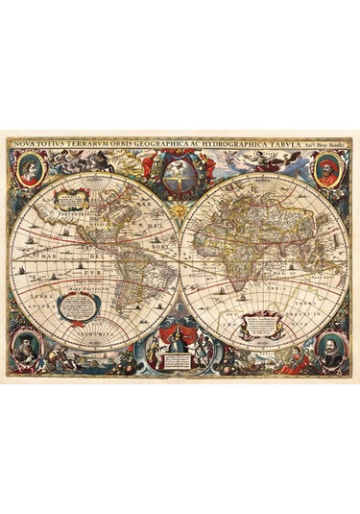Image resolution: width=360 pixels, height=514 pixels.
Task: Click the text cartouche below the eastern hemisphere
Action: tap(259, 324)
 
